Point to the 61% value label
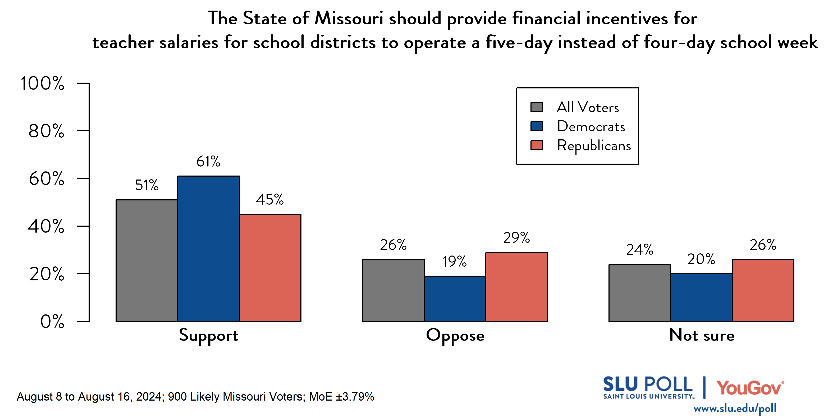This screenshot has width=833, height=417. (208, 161)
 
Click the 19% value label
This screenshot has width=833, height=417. (454, 261)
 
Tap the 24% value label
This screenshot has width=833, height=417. (639, 250)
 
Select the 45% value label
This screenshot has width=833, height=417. (270, 199)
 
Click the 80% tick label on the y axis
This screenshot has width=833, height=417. (46, 131)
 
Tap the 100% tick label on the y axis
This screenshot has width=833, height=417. (42, 83)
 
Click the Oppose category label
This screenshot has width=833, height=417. (455, 336)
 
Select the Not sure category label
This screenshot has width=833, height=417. (702, 335)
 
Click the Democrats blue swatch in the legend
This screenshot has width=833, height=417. (537, 126)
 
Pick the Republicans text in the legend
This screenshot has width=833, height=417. (594, 145)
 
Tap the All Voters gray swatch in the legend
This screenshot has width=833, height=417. (537, 107)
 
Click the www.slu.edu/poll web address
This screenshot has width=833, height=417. (735, 409)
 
